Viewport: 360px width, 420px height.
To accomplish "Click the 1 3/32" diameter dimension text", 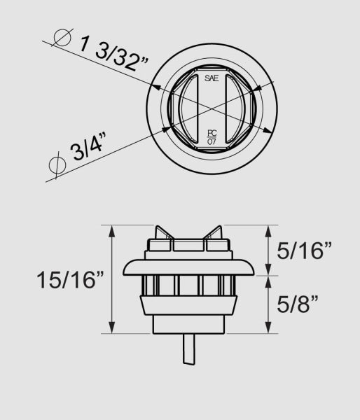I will coord(111,55).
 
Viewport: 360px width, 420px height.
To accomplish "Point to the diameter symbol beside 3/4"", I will coord(53,166).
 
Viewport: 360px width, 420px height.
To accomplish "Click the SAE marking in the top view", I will coord(212,78).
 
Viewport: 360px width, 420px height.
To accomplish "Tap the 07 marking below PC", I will coord(212,141).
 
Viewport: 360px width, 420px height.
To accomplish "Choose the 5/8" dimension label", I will coord(298,304).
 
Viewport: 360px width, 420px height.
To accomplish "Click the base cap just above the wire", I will coord(187,324).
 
